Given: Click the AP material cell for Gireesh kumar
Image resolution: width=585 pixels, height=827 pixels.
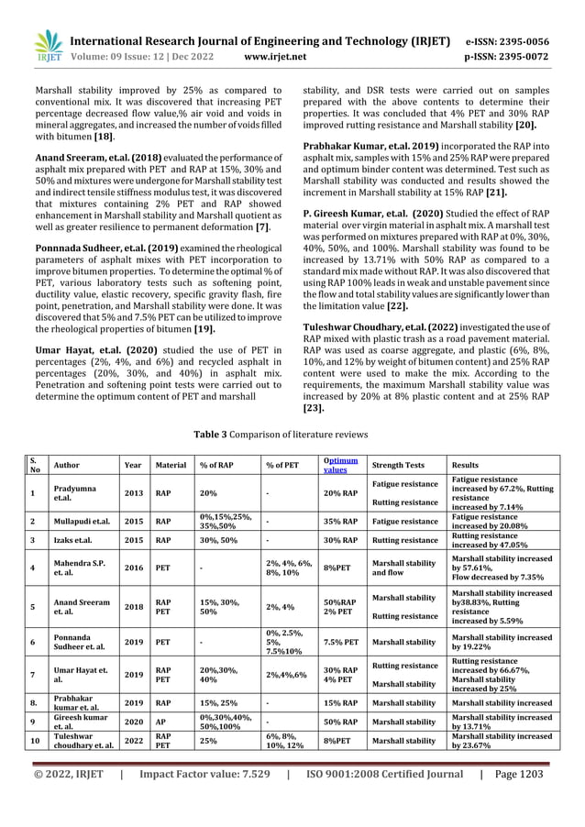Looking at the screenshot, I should coord(160,721).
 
